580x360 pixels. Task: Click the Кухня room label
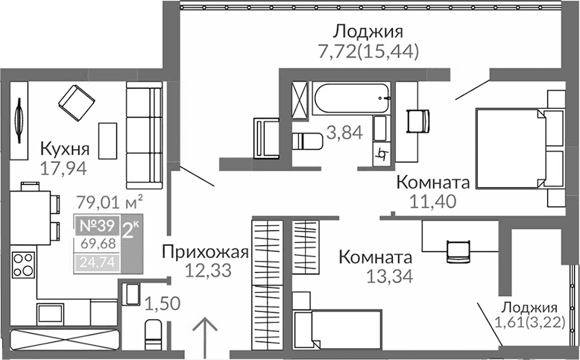[65, 147]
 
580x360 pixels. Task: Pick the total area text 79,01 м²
[110, 200]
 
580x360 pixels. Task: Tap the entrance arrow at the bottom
[206, 333]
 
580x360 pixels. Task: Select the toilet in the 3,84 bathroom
[306, 140]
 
